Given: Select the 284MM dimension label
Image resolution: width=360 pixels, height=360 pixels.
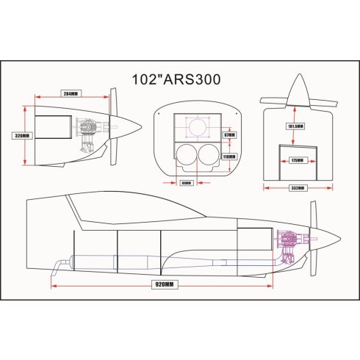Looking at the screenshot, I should pos(71,94).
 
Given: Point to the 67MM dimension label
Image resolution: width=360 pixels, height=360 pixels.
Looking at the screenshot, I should pos(229,135).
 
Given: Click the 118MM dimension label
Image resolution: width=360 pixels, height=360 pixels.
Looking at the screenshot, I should pos(229,156).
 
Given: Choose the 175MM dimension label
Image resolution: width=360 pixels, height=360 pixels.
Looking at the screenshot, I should pos(297,159).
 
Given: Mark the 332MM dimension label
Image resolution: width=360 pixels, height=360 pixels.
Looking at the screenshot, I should pos(297,187).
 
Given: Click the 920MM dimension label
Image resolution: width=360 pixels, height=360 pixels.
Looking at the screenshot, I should pos(165,284).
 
